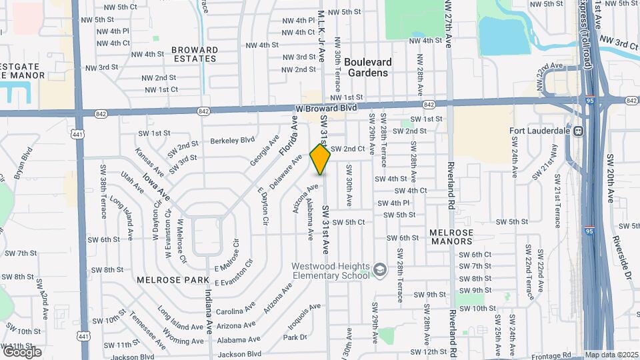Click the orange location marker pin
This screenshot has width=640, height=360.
321,159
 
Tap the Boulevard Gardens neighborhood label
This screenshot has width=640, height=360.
368,67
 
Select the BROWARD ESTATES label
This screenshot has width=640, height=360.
194,54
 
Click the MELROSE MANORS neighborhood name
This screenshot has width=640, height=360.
451,237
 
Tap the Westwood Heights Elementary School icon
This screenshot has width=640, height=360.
380,269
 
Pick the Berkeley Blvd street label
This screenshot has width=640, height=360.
233,140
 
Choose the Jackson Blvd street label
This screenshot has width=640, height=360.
238,354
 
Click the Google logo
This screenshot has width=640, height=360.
22,351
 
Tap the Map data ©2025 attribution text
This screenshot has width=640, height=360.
611,355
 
